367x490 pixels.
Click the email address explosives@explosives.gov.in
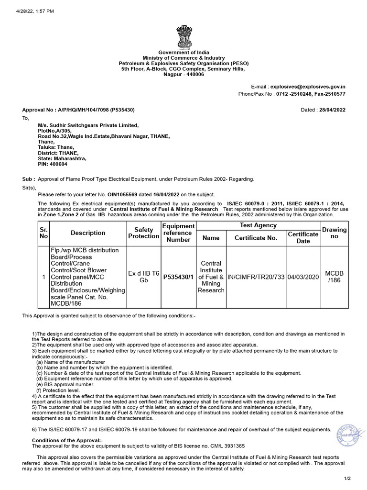pos(308,87)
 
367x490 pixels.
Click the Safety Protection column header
pos(143,233)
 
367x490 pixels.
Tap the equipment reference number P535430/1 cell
pos(178,277)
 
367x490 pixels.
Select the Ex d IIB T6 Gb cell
pos(143,277)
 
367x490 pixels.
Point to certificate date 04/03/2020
pos(303,277)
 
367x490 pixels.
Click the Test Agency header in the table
pos(258,225)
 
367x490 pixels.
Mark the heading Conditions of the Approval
pos(67,440)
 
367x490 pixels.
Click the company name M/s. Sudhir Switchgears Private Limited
pos(88,125)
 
